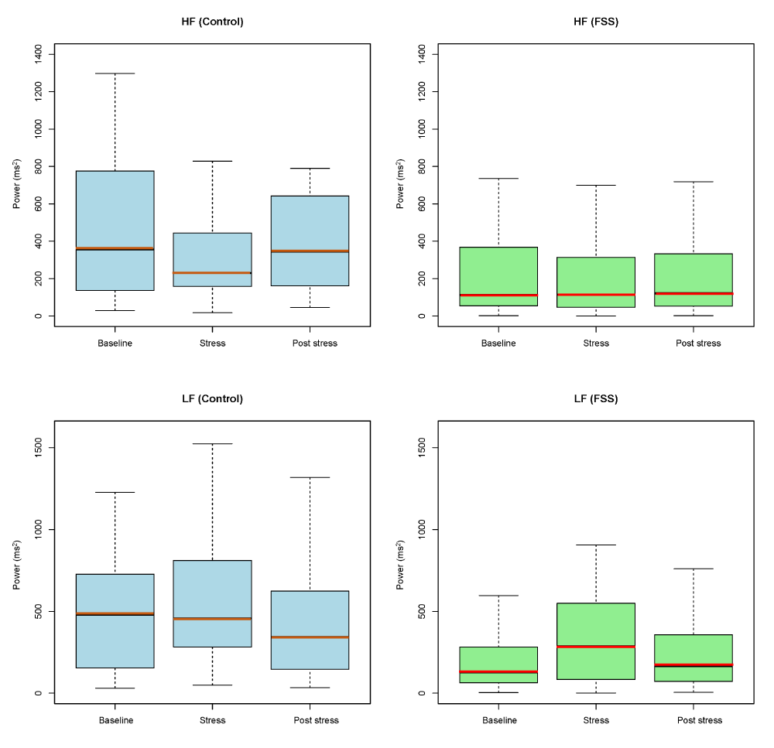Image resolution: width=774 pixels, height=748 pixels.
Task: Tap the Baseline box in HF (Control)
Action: pos(115,209)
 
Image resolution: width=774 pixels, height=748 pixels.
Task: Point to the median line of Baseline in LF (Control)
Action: pos(115,613)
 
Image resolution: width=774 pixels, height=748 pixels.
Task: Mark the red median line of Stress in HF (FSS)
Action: pos(596,295)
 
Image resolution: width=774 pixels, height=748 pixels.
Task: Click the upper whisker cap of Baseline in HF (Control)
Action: pos(115,73)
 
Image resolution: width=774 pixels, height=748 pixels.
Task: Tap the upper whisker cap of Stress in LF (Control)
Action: pos(213,444)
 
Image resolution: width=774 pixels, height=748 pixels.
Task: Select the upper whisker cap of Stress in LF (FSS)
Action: pos(596,545)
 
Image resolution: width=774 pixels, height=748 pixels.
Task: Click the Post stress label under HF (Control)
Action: pos(311,343)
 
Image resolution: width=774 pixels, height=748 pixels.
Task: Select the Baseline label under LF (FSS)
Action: pos(499,720)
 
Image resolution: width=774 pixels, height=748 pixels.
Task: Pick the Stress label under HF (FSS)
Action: pos(596,343)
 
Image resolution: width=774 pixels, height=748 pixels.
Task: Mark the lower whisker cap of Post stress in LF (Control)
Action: pos(310,688)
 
